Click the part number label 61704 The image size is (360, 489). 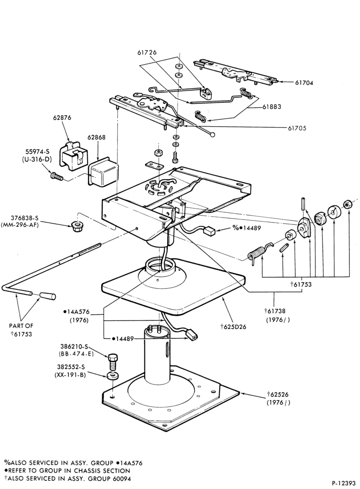tap(304, 83)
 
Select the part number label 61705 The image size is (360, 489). tap(297, 128)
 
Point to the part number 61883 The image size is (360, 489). tap(272, 106)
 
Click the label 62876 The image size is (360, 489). tap(62, 117)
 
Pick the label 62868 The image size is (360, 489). tap(96, 137)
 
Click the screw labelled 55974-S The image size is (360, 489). tap(56, 176)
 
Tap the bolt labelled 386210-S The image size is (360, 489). tap(112, 361)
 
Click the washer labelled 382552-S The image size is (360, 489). tap(112, 376)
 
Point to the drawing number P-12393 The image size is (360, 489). tap(343, 484)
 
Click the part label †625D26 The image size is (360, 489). tap(233, 327)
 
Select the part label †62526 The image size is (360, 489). tap(278, 395)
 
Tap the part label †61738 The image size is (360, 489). tap(275, 311)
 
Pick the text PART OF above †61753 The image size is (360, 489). tap(21, 326)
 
